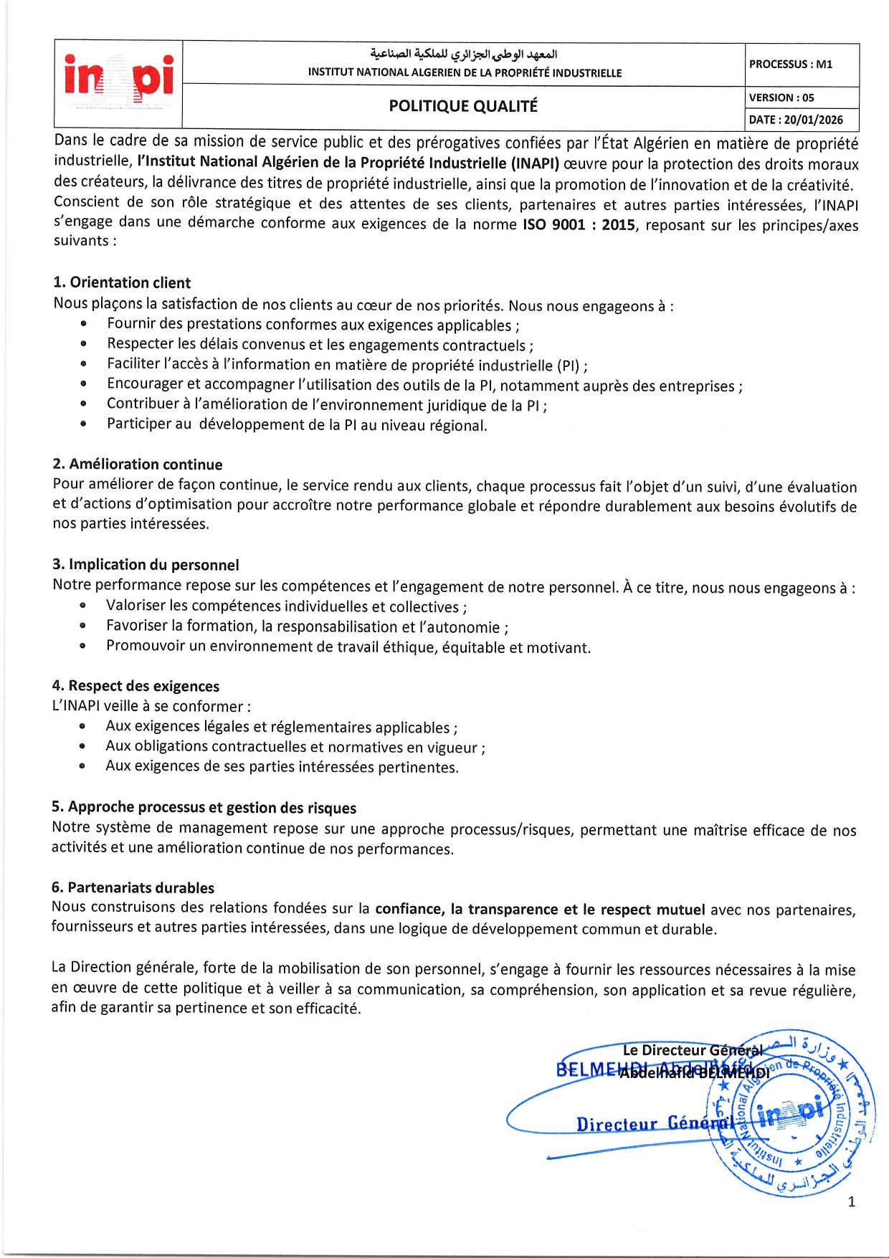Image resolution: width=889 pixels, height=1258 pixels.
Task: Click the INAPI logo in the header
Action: pos(118,81)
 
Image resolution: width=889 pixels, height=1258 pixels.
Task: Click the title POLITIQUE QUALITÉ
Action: pos(463,106)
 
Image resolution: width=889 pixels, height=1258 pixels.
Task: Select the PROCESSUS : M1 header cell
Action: pos(791,64)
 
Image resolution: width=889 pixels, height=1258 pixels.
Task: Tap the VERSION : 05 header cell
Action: pos(781,97)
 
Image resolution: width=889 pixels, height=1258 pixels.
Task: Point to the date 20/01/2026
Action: pos(813,120)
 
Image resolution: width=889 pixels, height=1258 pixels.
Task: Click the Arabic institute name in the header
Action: pos(464,54)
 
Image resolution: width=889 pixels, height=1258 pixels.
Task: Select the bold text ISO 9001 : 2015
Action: pos(579,224)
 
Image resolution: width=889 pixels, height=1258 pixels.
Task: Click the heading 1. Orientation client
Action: pos(122,282)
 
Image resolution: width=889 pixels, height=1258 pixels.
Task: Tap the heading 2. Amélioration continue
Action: pos(138,464)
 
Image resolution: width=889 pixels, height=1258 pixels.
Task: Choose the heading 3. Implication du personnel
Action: pos(146,565)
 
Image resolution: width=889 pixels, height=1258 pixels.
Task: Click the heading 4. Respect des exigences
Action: pos(136,686)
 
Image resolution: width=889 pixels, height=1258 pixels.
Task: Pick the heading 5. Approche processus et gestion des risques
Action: pos(204,808)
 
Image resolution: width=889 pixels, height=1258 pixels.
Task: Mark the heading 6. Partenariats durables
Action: pos(133,887)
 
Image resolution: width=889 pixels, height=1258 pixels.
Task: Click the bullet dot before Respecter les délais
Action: pos(84,344)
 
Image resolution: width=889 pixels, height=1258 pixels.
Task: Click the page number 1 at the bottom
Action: pos(851,1202)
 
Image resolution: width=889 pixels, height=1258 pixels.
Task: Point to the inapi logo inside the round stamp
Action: pos(791,1113)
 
